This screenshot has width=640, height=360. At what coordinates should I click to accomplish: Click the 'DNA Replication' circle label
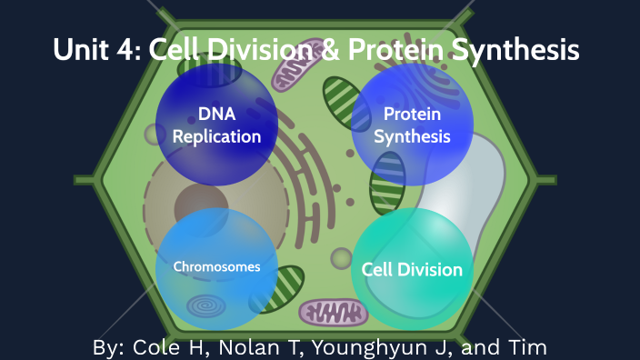click(216, 125)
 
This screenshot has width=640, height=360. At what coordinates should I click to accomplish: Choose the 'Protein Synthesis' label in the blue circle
click(412, 125)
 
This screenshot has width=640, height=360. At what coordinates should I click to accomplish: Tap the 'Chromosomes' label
click(216, 267)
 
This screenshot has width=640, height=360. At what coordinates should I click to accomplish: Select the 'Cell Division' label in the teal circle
click(412, 269)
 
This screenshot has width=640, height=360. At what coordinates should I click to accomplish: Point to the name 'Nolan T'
click(263, 347)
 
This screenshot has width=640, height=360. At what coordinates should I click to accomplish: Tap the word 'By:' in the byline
click(111, 347)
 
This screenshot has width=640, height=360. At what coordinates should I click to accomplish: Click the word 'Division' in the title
click(246, 50)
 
